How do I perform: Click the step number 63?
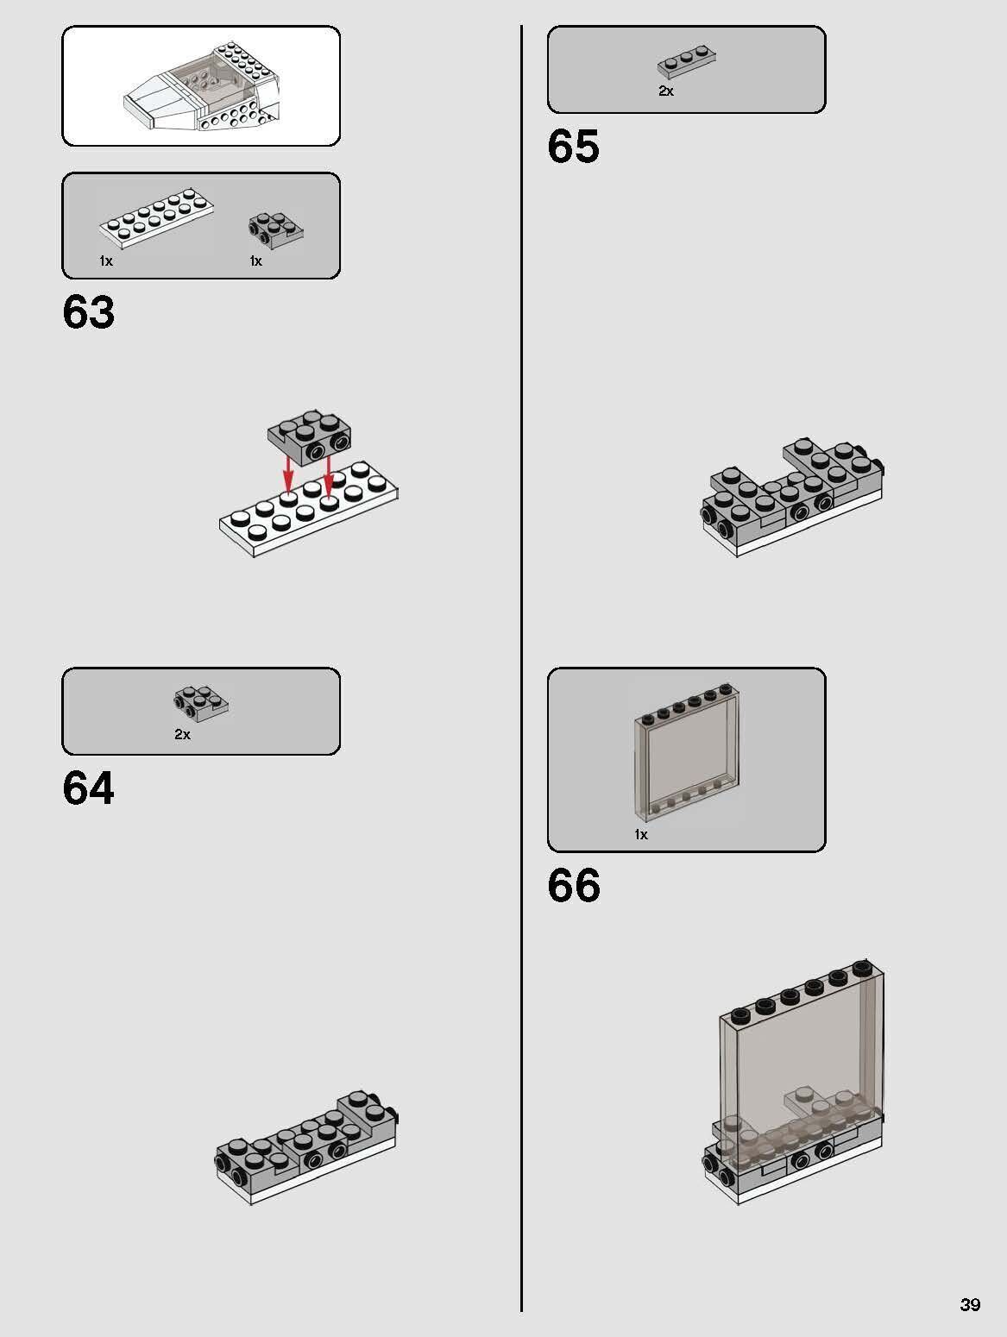tap(88, 312)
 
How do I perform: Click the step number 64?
tap(88, 788)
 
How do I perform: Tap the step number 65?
tap(573, 147)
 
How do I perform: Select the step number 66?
tap(574, 887)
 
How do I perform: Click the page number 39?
tap(970, 1304)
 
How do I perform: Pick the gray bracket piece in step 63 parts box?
tap(275, 230)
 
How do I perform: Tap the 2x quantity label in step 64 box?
tap(182, 735)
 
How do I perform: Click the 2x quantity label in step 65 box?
tap(666, 91)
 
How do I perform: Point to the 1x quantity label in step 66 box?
tap(640, 835)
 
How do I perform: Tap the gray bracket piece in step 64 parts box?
tap(200, 704)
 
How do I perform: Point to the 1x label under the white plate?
tap(106, 260)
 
